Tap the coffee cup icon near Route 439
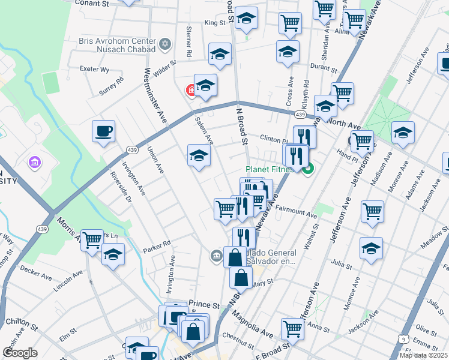point(103,131)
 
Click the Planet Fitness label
point(269,170)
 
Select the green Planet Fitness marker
point(308,170)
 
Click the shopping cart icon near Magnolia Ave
point(292,328)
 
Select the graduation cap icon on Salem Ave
point(199,156)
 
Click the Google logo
point(20,353)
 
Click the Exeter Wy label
point(95,70)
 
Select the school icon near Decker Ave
point(113,254)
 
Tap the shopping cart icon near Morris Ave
point(92,240)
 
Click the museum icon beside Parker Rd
point(216,256)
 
